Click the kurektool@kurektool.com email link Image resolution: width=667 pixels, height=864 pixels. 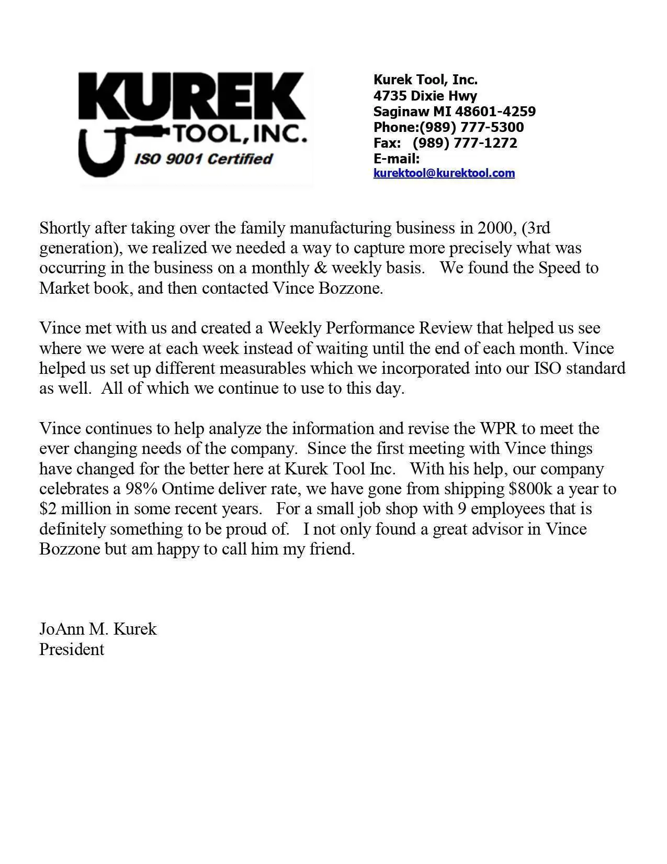(444, 173)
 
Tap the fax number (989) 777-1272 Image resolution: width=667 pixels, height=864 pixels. (465, 143)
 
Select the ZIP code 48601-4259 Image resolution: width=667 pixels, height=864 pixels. (495, 112)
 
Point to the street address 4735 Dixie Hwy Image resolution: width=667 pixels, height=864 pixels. (425, 96)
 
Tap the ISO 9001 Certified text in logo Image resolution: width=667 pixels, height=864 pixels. (204, 159)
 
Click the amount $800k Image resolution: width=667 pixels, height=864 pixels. (530, 489)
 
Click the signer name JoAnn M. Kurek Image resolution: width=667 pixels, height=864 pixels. (98, 629)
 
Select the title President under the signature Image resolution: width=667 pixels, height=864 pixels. (72, 649)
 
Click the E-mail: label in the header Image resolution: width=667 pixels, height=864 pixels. (397, 159)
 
